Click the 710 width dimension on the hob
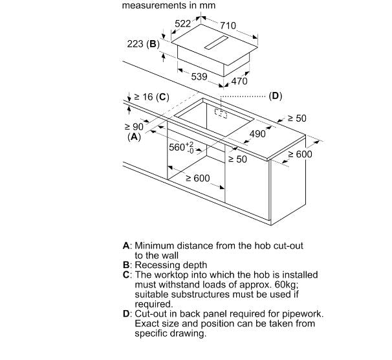click(x=228, y=25)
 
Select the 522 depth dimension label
click(x=182, y=23)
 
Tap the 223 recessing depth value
click(x=135, y=44)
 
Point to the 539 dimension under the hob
click(x=199, y=76)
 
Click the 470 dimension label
click(x=239, y=81)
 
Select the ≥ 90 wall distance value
click(x=135, y=127)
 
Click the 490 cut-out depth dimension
click(x=257, y=134)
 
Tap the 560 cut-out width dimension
click(x=181, y=147)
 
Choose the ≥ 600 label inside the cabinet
click(x=198, y=178)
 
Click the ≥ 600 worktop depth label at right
click(x=300, y=154)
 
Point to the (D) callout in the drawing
click(x=276, y=96)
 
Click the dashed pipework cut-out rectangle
click(x=221, y=113)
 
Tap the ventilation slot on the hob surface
click(x=216, y=43)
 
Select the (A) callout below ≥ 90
click(x=134, y=137)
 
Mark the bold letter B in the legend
click(x=126, y=265)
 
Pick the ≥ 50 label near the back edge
click(x=297, y=118)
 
